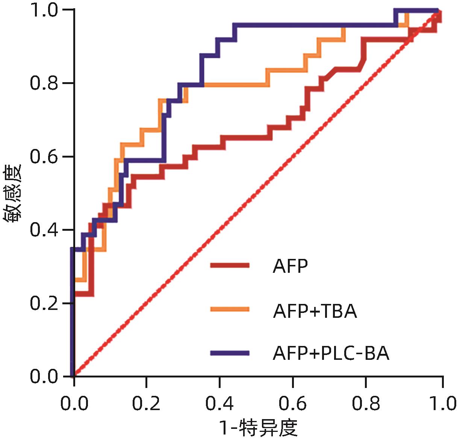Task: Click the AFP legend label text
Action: pos(290,267)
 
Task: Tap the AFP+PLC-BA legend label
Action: pos(331,353)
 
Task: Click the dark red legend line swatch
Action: pos(230,266)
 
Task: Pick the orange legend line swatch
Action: pos(230,309)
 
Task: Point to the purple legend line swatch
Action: pos(230,352)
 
